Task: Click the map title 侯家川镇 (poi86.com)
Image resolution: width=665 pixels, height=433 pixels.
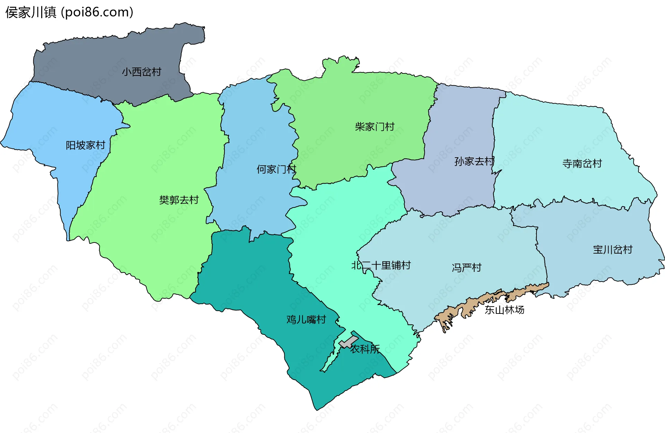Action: click(69, 12)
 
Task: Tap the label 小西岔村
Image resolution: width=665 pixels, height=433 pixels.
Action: click(142, 72)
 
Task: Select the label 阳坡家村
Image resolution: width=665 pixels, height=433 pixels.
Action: click(86, 145)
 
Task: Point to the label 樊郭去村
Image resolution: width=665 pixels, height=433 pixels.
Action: click(179, 200)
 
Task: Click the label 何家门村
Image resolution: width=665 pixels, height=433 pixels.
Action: click(276, 169)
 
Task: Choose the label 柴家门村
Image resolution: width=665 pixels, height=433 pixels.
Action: click(375, 127)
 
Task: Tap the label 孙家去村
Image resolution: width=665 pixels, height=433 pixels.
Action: click(474, 161)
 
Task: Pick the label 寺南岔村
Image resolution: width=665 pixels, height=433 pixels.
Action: click(582, 164)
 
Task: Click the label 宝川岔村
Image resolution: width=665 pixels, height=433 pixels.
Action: click(612, 250)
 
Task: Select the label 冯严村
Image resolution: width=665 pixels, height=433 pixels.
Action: click(467, 268)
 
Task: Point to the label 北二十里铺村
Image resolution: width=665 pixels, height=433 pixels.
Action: click(381, 266)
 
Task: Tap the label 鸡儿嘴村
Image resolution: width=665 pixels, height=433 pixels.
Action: click(306, 319)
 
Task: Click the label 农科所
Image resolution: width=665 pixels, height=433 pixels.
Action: click(365, 349)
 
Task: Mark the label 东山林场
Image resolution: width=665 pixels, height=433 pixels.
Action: click(504, 310)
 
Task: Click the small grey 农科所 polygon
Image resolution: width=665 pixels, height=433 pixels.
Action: click(348, 342)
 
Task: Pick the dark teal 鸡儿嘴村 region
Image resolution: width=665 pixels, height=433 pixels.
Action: click(249, 277)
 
